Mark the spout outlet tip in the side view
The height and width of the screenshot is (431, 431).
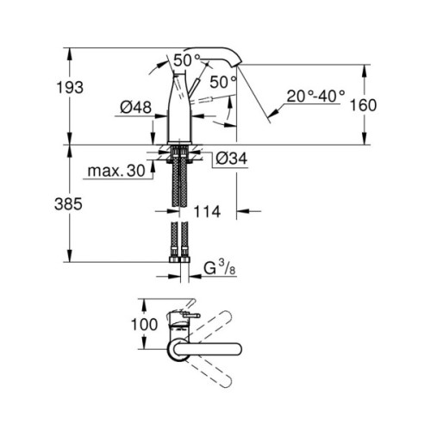(237, 63)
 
